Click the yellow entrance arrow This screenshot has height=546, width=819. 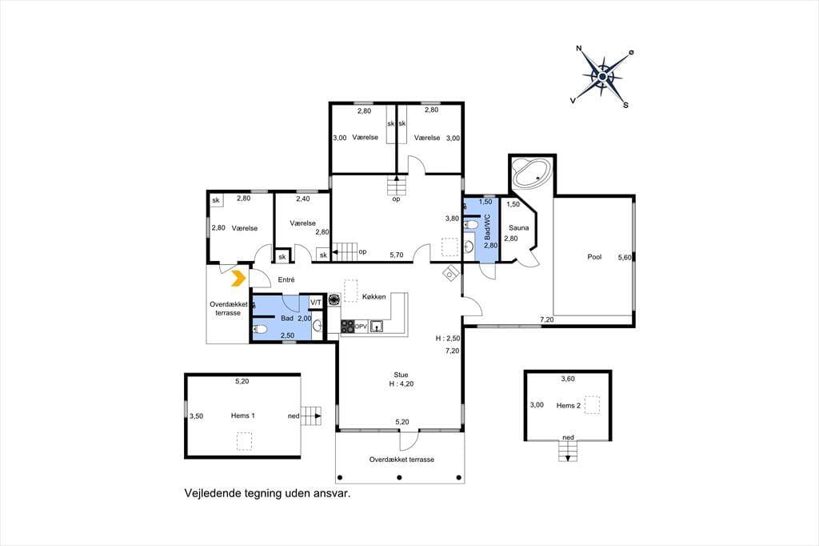[238, 279]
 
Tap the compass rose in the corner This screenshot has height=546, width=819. [602, 77]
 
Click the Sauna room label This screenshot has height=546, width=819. [518, 228]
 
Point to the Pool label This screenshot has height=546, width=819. [594, 257]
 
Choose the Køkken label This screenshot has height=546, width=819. [374, 296]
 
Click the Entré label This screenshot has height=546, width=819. [286, 279]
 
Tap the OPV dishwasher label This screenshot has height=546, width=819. [361, 327]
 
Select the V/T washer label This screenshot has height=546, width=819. [316, 303]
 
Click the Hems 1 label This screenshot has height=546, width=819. [243, 416]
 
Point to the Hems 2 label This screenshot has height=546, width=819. [569, 405]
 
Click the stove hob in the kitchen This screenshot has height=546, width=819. [347, 327]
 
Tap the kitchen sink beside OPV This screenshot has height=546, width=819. [377, 327]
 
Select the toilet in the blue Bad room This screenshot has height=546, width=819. [260, 329]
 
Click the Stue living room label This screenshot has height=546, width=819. [402, 375]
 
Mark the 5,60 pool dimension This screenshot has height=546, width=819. [625, 257]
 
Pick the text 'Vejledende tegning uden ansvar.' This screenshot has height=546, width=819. [267, 493]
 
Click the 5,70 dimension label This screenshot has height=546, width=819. [397, 255]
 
